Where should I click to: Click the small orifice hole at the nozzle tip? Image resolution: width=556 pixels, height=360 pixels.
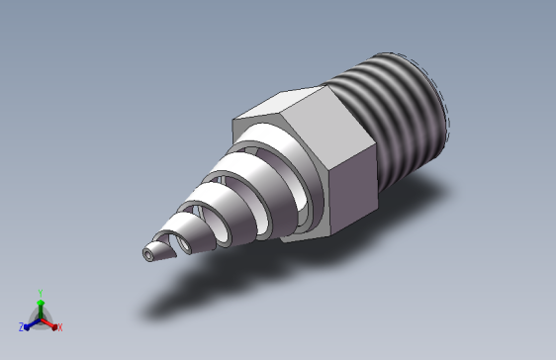click(148, 254)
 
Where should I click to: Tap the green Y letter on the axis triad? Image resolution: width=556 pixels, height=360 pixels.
click(40, 292)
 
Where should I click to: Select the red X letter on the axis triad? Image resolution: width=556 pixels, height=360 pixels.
click(59, 326)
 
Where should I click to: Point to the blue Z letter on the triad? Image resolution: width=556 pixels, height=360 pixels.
click(22, 326)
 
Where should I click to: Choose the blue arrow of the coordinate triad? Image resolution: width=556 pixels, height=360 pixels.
click(31, 321)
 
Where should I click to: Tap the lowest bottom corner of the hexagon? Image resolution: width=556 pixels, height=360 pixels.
click(323, 238)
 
